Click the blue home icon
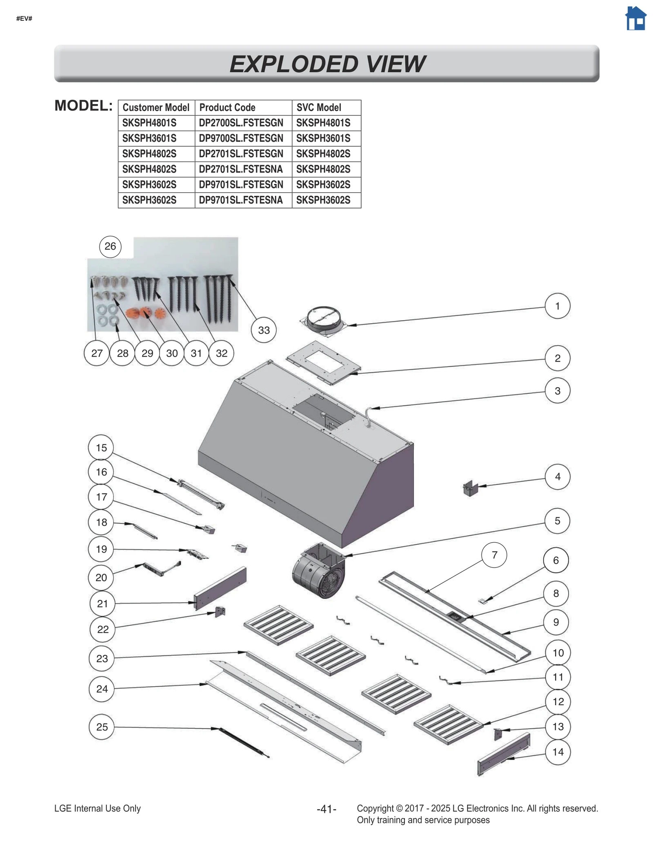point(635,19)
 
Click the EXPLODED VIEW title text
point(327,64)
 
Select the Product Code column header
point(227,107)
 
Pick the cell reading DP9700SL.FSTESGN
point(241,138)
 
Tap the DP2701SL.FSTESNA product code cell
point(241,169)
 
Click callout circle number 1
point(557,306)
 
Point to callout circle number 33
point(264,330)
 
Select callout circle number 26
point(110,246)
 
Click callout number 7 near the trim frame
point(494,555)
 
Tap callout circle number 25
point(102,727)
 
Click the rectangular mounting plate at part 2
point(324,363)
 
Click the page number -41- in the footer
point(326,809)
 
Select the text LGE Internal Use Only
point(98,808)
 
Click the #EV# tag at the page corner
point(24,19)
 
